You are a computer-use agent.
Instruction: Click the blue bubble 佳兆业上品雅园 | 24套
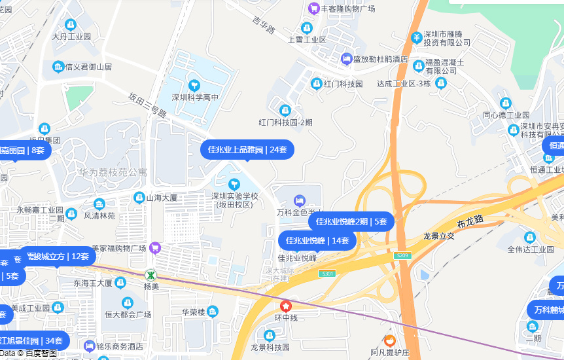coord(247,150)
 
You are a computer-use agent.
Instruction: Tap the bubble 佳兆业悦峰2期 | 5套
coord(351,221)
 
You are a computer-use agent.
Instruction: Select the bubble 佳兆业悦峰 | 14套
coord(317,240)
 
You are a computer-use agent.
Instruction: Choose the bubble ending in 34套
coord(33,340)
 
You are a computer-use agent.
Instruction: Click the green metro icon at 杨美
coord(150,274)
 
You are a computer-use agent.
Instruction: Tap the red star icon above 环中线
coord(286,306)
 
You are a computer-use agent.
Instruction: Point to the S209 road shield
coord(403,255)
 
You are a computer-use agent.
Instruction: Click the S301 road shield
coord(327,273)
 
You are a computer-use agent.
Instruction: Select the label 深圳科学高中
coord(195,98)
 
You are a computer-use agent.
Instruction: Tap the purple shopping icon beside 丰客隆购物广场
coord(313,9)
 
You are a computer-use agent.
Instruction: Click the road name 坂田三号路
coord(147,105)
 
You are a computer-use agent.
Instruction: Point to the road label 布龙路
coord(470,221)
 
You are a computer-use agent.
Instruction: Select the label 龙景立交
coord(438,236)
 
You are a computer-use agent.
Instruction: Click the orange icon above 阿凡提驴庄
coord(389,340)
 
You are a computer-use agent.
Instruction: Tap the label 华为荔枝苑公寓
coord(113,172)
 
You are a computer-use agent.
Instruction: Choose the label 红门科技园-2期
coord(285,122)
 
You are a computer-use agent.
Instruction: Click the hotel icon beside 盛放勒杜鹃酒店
coord(346,59)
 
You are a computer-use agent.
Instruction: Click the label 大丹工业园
coord(71,37)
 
